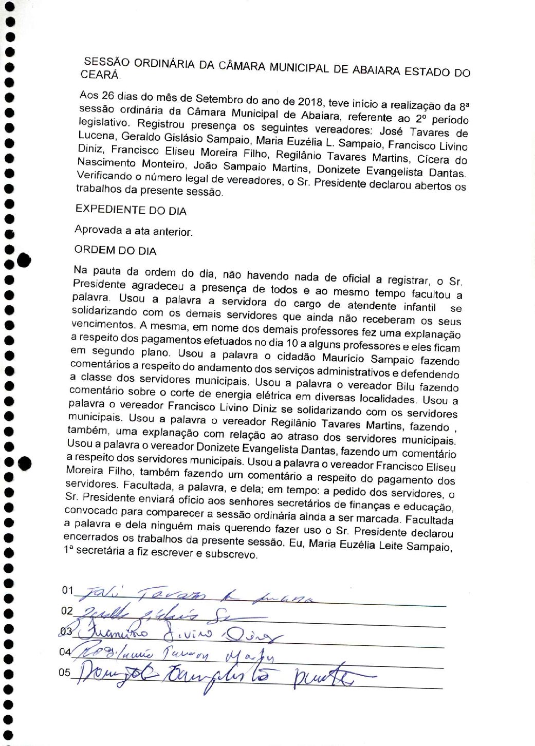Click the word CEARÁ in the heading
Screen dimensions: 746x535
[100, 74]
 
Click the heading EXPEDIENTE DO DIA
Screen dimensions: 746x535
[131, 210]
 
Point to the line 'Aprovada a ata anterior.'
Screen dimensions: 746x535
[133, 231]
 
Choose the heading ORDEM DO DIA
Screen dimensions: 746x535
[115, 251]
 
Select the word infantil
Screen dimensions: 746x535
[417, 307]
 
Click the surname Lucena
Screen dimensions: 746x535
[97, 136]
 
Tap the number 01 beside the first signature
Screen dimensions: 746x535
[68, 590]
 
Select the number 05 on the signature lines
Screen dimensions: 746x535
[64, 673]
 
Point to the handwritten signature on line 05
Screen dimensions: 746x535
[216, 677]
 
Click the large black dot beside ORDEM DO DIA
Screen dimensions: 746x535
[24, 260]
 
